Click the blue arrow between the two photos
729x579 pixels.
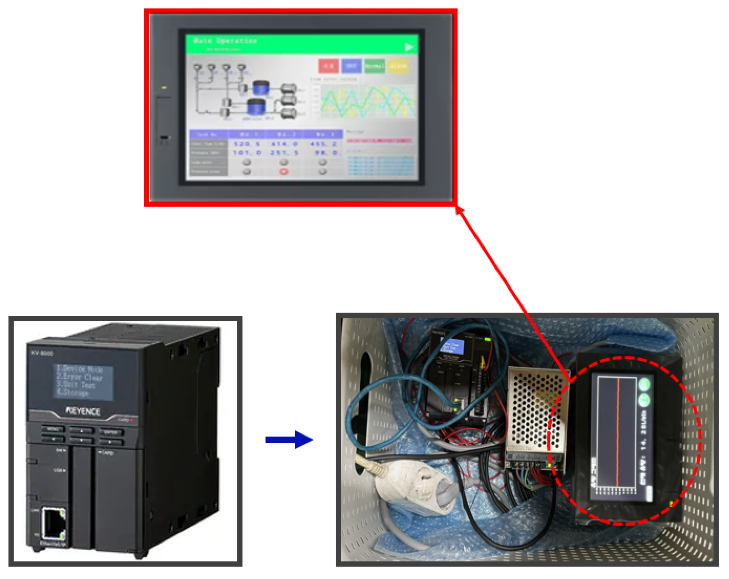[289, 439]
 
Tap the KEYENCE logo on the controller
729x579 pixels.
[83, 411]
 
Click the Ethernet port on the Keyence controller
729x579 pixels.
[53, 523]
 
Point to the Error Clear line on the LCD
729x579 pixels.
[80, 376]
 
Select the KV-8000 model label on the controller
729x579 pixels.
[42, 353]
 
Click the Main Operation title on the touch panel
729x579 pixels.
[225, 41]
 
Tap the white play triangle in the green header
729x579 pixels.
[409, 47]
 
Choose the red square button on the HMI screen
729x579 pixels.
[328, 66]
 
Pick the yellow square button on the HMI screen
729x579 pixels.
[398, 66]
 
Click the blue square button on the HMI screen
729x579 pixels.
[351, 66]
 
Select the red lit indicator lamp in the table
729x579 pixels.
[284, 172]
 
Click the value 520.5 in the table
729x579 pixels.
[247, 144]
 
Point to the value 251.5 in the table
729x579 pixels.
[284, 153]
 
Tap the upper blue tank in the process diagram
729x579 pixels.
[261, 87]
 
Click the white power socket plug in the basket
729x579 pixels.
[416, 487]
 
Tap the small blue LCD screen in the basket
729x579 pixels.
[452, 347]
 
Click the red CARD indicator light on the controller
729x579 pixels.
[132, 420]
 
